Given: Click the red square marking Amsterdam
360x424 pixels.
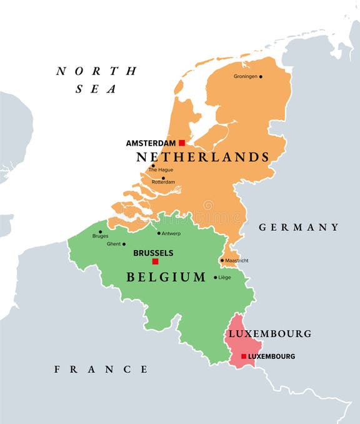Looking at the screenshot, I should pos(182,143).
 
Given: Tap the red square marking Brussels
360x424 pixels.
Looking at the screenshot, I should pos(156,261).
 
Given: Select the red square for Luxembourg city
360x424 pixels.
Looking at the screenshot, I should pos(244,356).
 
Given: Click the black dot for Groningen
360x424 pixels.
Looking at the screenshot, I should pos(261,77).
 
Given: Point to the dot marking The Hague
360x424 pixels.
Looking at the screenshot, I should pos(152,166).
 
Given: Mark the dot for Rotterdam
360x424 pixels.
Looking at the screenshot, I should pos(163,178).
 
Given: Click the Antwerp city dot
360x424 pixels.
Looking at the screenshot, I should pos(159,233).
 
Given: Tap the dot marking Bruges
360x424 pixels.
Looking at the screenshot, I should pos(100,231).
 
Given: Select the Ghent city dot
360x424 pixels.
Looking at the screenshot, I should pos(124,245).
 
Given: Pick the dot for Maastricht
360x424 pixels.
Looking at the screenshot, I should pos(222,260).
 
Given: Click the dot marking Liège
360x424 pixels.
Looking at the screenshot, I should pos(216,278).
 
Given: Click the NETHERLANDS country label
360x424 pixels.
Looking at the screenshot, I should pos(203,157).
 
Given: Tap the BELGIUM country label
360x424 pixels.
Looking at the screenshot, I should pos(166,277).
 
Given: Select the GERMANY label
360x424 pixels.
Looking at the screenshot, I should pos(299,227).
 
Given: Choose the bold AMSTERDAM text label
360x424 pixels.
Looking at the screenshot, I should pos(151,143).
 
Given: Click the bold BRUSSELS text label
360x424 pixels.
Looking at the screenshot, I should pos(154,253).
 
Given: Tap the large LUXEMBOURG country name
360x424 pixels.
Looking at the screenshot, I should pos(269,334).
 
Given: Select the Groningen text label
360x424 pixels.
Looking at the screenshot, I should pos(246,77).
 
